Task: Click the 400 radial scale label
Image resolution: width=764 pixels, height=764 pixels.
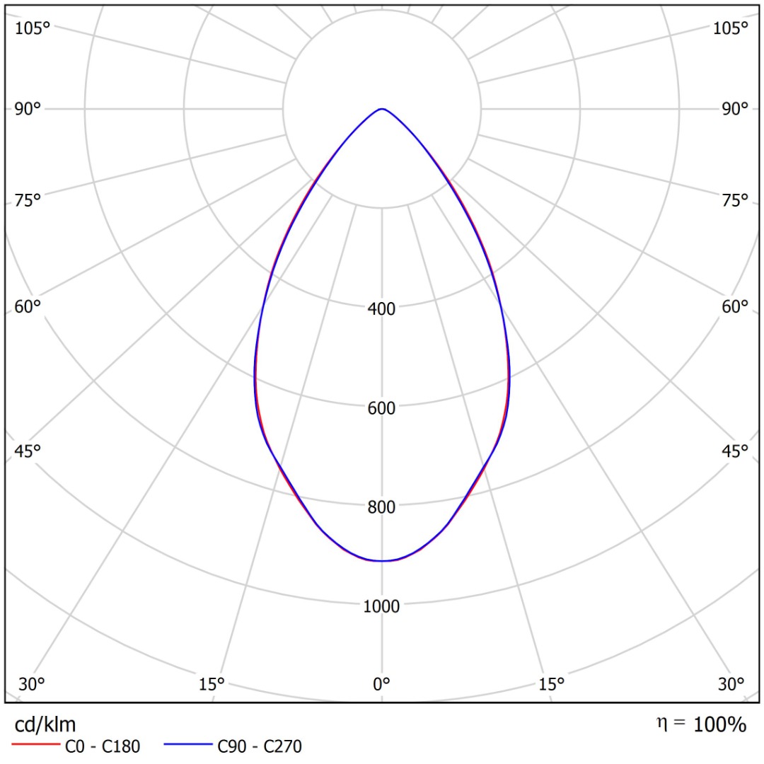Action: pos(382,308)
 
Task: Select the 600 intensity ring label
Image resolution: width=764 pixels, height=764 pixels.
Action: pos(382,408)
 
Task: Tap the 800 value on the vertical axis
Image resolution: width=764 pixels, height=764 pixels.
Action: pos(382,507)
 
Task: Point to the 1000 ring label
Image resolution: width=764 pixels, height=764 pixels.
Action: pos(382,606)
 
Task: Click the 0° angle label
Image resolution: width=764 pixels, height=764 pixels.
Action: pos(382,684)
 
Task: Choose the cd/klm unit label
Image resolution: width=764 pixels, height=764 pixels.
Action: pos(45,724)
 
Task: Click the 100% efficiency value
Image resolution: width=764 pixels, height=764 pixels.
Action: pos(720,724)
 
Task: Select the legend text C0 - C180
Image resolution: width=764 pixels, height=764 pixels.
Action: pos(103,746)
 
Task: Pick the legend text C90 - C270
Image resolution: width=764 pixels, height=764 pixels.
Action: pos(260,746)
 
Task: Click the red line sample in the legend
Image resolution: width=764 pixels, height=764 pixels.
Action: pos(35,746)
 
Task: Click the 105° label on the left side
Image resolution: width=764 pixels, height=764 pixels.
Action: pos(33,28)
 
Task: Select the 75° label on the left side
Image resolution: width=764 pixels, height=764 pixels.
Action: pos(28,200)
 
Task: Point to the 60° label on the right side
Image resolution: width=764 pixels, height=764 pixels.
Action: pos(734,307)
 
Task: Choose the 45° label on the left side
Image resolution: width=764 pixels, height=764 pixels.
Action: pos(28,451)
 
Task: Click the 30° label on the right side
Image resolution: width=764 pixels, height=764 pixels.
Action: pos(731,684)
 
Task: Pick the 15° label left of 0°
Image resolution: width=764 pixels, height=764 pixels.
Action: pos(212,684)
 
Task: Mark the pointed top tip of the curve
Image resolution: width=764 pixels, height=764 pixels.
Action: pos(382,109)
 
